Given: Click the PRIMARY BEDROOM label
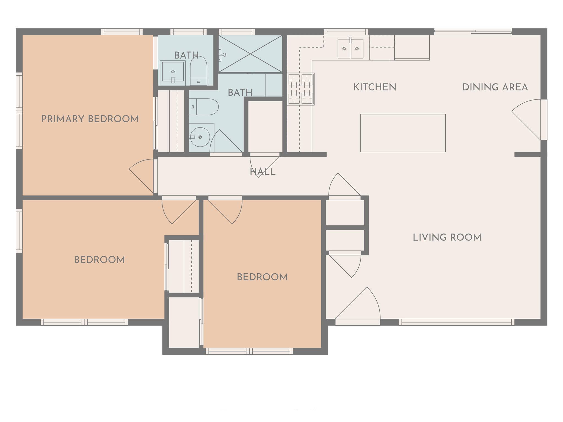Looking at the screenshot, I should (90, 119).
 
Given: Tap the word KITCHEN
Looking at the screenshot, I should (375, 87).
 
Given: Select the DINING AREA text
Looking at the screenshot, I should (495, 87).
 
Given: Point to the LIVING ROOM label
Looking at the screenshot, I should (447, 237).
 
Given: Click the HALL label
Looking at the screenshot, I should (263, 172).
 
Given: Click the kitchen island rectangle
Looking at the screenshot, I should (403, 133).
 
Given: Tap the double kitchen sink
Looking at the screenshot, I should (350, 49).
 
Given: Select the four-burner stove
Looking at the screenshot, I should (300, 89).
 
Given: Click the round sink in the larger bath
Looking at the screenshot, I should (200, 137).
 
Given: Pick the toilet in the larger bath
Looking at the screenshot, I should (204, 107).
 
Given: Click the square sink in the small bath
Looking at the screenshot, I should (173, 72).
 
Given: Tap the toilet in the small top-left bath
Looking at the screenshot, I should (198, 71).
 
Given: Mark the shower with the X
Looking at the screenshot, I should (250, 54).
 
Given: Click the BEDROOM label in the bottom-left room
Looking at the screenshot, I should (99, 260).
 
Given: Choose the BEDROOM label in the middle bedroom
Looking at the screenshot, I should (262, 277).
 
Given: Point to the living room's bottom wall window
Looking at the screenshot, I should (456, 322).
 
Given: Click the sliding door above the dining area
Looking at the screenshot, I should (473, 32).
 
